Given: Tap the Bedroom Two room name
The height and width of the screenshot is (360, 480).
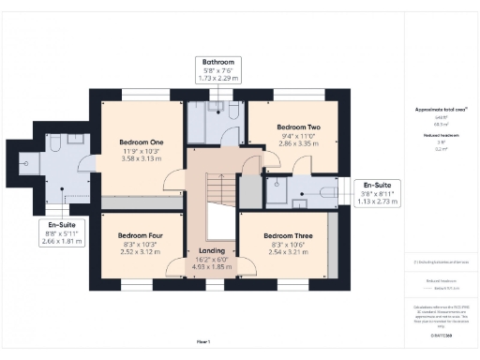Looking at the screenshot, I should (x=298, y=127).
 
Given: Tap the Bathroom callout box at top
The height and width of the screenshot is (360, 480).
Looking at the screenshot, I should (x=216, y=70).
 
